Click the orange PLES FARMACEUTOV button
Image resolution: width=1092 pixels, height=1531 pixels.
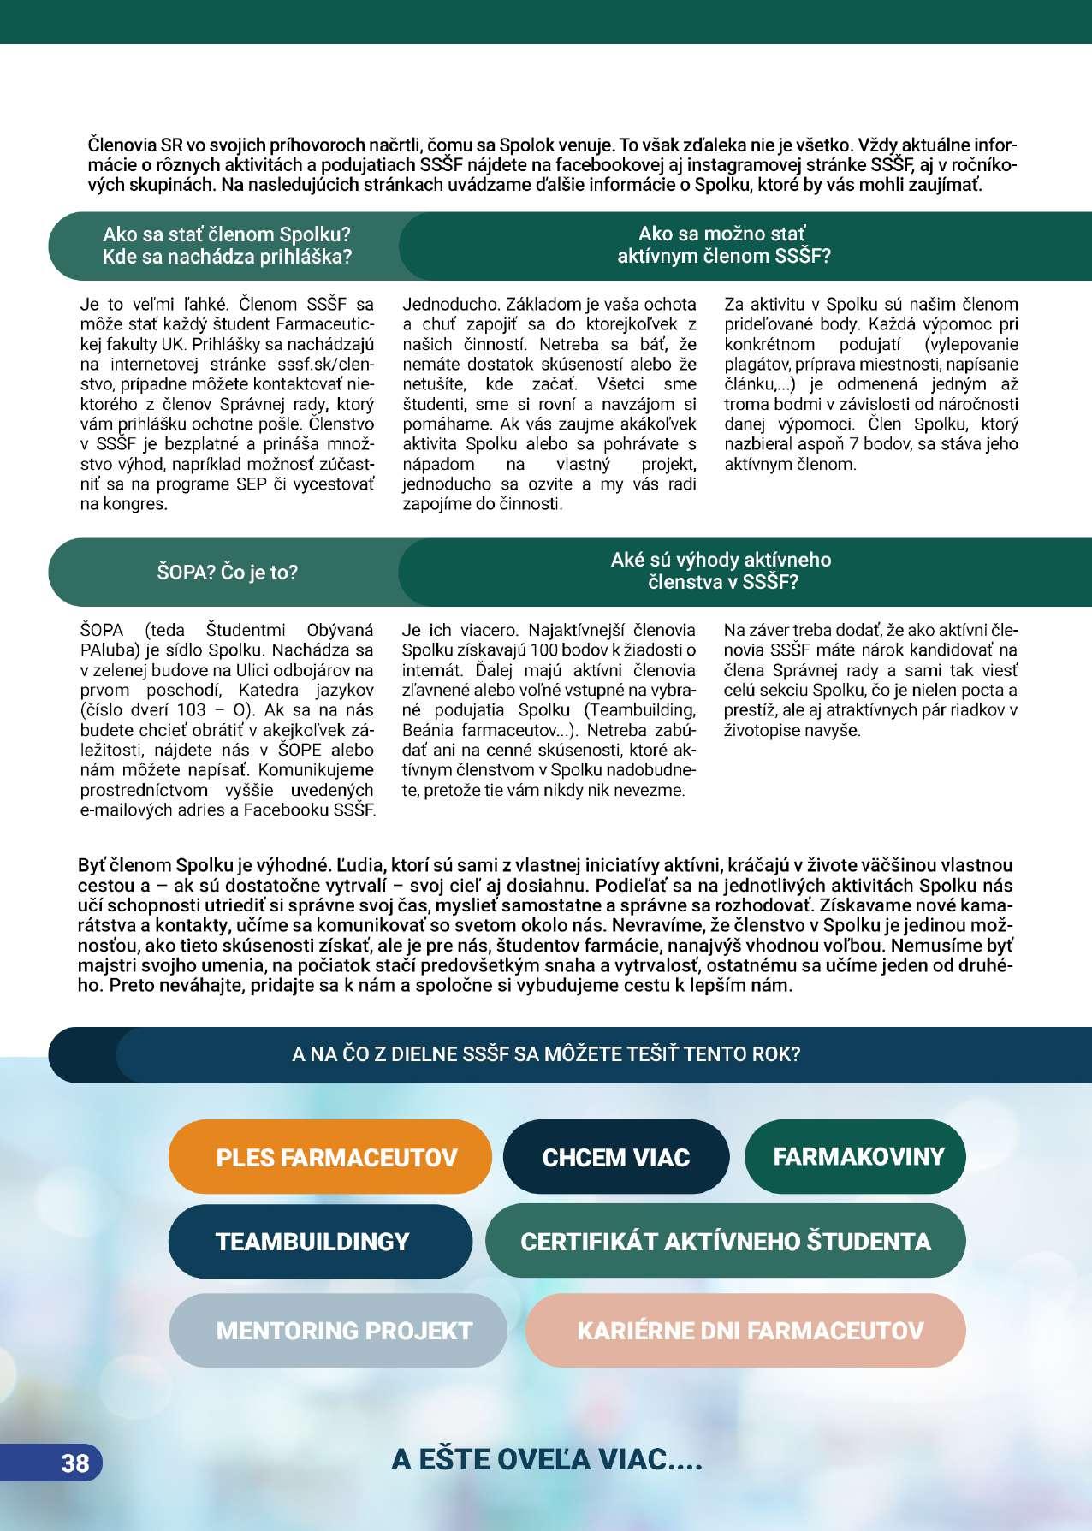(x=330, y=1157)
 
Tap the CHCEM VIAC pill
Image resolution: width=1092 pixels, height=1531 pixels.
(x=615, y=1157)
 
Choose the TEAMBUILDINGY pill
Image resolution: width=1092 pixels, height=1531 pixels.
(x=312, y=1241)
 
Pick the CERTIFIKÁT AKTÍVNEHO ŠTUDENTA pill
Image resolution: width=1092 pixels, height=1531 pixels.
(x=725, y=1241)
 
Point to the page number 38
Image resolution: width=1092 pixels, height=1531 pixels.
(x=74, y=1463)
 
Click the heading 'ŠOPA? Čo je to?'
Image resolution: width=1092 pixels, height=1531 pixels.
(x=228, y=572)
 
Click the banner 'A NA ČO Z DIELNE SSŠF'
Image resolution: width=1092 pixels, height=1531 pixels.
(x=546, y=1053)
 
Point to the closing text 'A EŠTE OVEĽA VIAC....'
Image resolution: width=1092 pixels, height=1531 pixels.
(x=546, y=1459)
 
